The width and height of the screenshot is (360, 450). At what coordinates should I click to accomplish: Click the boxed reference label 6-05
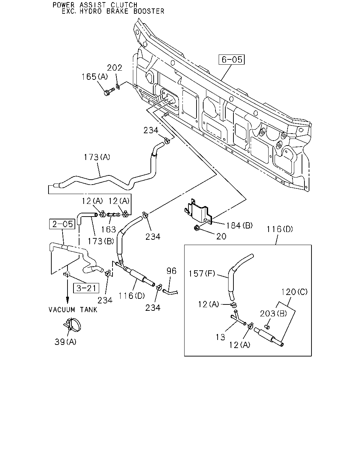pos(231,60)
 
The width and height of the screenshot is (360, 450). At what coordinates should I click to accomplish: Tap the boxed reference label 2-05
pos(62,224)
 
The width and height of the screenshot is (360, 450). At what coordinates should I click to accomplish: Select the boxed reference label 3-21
pos(86,288)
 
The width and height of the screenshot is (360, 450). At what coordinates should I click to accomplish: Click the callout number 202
pos(114,68)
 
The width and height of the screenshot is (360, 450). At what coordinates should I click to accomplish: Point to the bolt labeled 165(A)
pos(109,92)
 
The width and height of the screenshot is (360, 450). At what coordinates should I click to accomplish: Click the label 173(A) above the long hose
pos(97,157)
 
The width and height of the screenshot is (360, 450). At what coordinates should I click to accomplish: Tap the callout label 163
pos(109,229)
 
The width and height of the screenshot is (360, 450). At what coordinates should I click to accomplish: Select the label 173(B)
pos(101,241)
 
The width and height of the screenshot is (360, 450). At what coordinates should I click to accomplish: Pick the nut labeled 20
pos(197,228)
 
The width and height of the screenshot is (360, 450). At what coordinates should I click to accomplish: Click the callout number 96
pos(172,271)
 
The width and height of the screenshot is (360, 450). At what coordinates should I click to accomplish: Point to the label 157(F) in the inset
pos(202,274)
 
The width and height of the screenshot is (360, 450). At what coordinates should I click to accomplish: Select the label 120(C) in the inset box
pos(294,292)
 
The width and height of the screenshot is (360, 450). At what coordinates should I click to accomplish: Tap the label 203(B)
pos(274,314)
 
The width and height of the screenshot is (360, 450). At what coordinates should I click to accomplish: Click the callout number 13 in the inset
pos(220,337)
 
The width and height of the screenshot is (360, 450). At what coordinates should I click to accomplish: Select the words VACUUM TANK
pos(73,310)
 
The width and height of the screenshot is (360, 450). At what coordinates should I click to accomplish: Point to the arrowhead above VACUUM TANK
pos(67,301)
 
